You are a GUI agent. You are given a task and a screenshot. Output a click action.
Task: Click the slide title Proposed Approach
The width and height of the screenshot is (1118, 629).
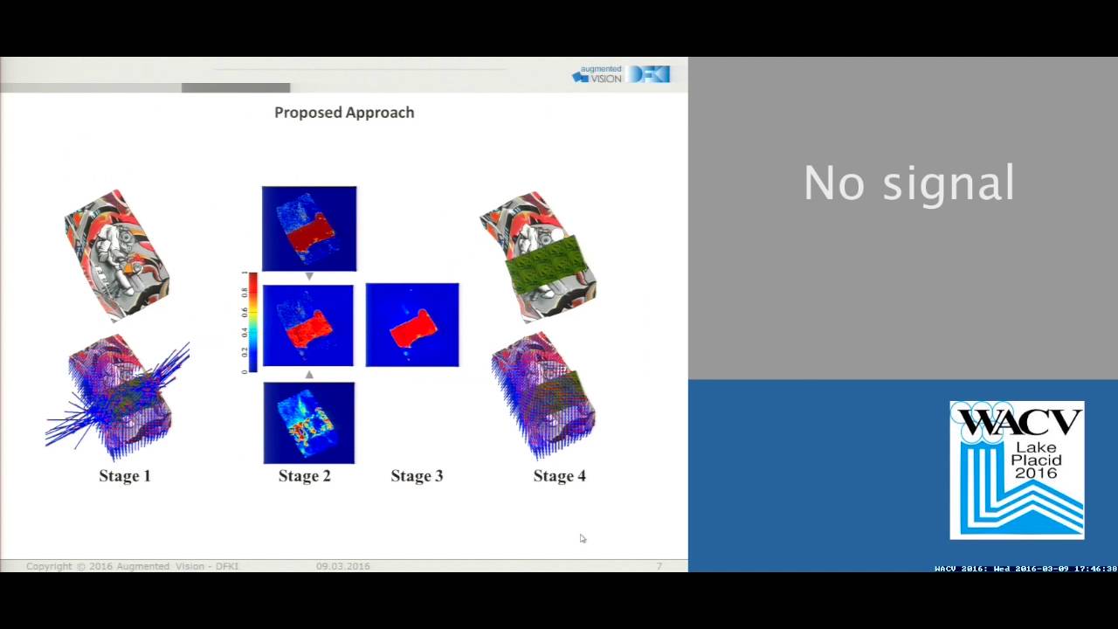[x=344, y=113]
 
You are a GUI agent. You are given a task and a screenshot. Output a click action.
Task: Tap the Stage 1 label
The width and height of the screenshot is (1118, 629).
[x=125, y=476]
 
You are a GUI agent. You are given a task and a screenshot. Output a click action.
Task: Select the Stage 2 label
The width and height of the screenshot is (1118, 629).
[x=305, y=476]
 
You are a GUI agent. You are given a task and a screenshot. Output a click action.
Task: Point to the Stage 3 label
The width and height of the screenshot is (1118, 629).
[x=417, y=476]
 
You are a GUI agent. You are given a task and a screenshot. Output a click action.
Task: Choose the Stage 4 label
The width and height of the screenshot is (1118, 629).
[x=560, y=476]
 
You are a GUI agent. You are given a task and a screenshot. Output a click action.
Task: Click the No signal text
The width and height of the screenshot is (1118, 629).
[x=908, y=183]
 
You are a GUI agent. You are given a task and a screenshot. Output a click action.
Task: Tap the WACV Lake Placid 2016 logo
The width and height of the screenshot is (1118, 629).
[x=1017, y=470]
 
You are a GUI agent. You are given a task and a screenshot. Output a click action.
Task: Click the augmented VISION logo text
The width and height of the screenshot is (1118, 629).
[x=598, y=74]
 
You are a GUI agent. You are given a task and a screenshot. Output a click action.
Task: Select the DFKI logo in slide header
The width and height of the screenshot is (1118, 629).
[x=650, y=74]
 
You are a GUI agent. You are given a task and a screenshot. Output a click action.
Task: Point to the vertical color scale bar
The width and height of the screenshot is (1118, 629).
[x=252, y=322]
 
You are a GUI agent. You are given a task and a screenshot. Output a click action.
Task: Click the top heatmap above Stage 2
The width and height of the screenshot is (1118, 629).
[x=309, y=228]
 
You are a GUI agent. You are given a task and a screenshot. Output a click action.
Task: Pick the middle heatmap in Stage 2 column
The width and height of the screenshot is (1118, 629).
[x=308, y=325]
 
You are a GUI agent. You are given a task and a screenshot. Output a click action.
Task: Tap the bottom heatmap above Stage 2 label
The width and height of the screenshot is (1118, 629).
[x=309, y=423]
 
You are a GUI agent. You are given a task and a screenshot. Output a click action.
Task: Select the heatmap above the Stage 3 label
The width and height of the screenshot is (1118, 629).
[x=412, y=325]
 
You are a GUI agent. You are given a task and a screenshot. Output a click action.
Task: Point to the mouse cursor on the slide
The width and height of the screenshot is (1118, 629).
[x=583, y=538]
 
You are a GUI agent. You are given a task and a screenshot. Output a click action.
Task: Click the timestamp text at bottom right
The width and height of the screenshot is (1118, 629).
[x=1025, y=569]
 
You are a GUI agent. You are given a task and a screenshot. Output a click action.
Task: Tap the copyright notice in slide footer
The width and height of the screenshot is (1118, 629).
[x=133, y=566]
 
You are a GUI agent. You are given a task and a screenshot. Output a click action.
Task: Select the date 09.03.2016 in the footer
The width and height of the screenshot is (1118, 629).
[x=343, y=566]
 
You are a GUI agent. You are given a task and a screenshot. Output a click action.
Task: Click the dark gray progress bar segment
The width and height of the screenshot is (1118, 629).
[x=236, y=87]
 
